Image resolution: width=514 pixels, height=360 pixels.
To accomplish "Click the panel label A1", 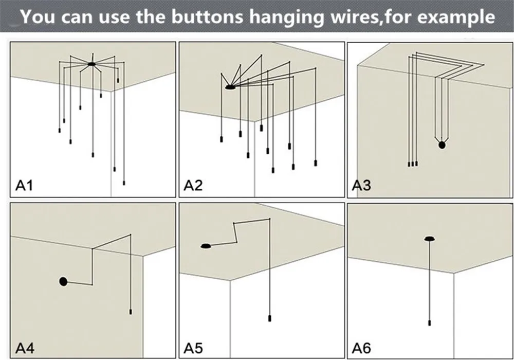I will (24, 185).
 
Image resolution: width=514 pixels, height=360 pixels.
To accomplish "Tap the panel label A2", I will (193, 185).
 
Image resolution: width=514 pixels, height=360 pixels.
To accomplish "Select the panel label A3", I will (361, 185).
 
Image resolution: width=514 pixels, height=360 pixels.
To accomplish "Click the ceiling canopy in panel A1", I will (91, 64).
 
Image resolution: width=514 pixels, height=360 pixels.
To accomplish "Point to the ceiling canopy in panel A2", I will (230, 88).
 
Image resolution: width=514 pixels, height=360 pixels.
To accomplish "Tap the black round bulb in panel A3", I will (442, 146).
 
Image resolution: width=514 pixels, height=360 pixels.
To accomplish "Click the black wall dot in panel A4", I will (63, 281).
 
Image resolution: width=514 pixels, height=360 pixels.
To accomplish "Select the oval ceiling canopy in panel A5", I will (206, 246).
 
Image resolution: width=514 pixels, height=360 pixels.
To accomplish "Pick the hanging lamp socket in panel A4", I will (131, 312).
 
